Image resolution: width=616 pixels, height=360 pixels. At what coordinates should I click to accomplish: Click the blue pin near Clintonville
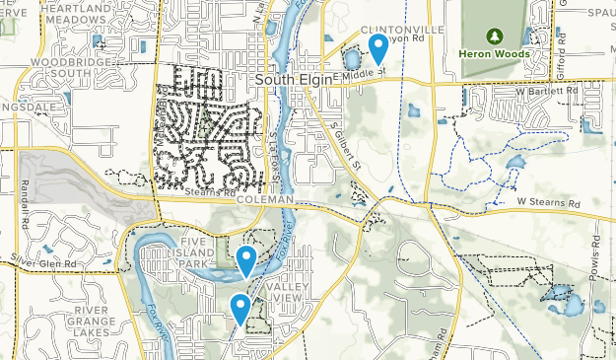click(x=377, y=46)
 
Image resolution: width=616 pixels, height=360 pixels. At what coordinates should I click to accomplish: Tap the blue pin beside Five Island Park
click(x=246, y=260)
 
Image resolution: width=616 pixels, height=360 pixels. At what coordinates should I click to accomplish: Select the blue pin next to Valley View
click(x=240, y=308)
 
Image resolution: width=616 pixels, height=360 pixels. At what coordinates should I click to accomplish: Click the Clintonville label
click(x=397, y=30)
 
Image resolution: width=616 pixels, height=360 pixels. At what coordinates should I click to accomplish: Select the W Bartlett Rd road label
click(x=550, y=92)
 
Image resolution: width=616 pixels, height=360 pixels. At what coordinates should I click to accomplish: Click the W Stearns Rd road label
click(x=548, y=202)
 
